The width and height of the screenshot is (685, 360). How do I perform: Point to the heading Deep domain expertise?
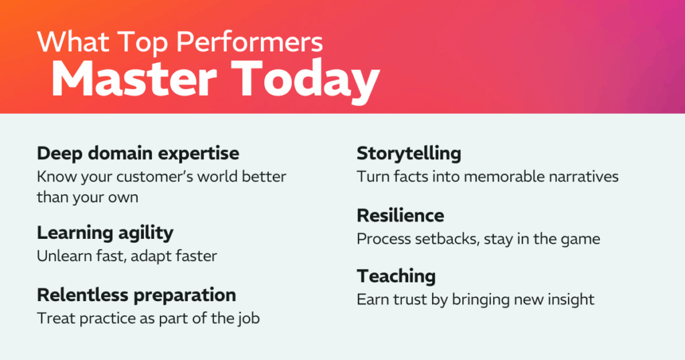[138, 153]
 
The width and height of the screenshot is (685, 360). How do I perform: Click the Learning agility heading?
[105, 232]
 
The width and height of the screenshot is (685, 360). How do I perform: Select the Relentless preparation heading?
[136, 295]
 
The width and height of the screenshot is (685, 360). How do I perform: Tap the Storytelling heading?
[409, 153]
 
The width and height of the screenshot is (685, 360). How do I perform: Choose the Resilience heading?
[400, 215]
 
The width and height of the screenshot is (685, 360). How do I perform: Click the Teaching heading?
[396, 276]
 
